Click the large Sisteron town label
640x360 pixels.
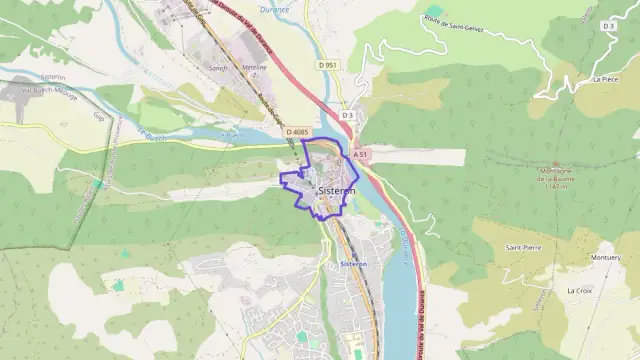(336, 191)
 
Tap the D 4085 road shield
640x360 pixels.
(297, 132)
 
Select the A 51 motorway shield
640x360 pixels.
(361, 155)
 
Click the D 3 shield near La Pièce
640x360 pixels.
(609, 26)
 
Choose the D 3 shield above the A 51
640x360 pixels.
(347, 115)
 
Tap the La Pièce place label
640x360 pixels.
(605, 77)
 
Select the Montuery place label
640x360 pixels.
(605, 257)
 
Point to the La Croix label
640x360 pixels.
(579, 290)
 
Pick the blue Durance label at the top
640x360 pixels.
(274, 10)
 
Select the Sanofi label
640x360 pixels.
(219, 68)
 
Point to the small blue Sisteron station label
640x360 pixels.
(354, 264)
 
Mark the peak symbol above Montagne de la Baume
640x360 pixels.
(556, 165)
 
